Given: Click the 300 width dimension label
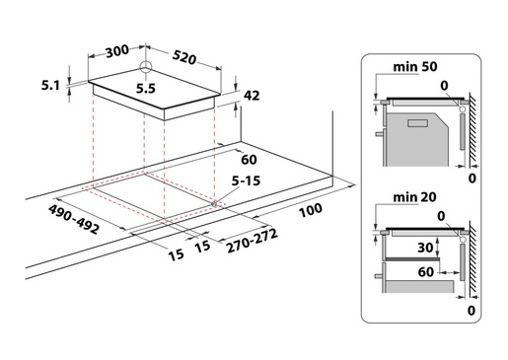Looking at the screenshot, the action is (117, 51).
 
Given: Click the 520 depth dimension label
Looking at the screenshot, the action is (184, 57).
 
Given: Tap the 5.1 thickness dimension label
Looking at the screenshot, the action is (50, 86).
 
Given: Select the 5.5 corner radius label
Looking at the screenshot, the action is (146, 89).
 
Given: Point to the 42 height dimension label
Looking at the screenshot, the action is (252, 96).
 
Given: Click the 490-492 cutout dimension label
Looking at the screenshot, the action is (74, 219).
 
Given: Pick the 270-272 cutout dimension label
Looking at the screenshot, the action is (253, 241).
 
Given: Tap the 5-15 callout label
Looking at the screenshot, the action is (246, 180).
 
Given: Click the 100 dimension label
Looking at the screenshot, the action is (311, 210).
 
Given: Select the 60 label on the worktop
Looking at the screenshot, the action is (249, 160).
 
